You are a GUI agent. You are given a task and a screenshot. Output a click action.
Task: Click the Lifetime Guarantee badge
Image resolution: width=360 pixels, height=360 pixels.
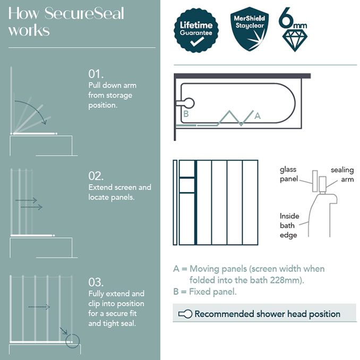click(196, 30)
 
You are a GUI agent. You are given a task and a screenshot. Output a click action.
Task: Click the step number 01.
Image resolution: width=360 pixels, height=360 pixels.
click(96, 73)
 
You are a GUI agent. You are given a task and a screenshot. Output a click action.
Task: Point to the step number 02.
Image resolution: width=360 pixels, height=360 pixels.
click(96, 176)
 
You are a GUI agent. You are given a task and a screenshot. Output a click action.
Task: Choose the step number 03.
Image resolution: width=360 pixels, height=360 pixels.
click(96, 281)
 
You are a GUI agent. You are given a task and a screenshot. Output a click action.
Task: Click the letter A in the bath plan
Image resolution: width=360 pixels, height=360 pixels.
click(258, 115)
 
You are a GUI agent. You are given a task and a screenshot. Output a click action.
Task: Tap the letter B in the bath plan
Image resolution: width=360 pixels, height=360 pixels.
click(186, 114)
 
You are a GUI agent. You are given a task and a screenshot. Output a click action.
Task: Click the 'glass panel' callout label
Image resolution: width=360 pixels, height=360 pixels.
click(288, 174)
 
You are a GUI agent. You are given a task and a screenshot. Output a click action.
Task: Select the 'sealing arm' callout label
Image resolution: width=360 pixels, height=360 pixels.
click(342, 174)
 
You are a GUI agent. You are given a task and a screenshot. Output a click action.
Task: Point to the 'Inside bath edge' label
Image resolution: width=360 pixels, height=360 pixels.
click(289, 225)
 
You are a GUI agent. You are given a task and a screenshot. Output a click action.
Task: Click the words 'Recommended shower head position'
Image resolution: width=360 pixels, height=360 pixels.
click(267, 314)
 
